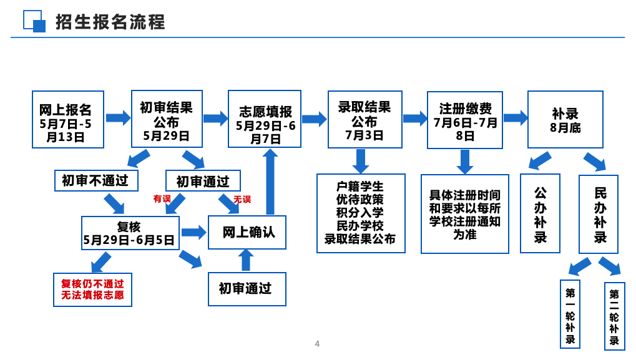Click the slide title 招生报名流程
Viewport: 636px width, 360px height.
pos(110,22)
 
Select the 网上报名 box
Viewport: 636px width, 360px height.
pos(68,119)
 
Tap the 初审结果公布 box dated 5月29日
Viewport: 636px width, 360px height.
pos(167,119)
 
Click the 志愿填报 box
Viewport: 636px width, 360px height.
pos(265,119)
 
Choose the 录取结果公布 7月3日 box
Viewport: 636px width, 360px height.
pos(365,120)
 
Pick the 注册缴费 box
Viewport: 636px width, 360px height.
pos(465,120)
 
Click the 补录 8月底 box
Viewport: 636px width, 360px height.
pos(565,120)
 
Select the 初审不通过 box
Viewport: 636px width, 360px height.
pos(96,180)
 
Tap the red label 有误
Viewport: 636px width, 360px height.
pos(162,198)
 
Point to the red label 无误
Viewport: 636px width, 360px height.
pos(242,199)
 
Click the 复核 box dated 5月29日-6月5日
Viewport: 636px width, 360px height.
pos(130,233)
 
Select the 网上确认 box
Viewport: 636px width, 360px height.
pos(247,232)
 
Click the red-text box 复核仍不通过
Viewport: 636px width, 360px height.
pos(92,289)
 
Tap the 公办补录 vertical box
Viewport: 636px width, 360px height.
pos(540,213)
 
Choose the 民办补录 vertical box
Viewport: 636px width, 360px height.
pos(599,214)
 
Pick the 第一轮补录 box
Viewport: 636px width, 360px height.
pos(570,314)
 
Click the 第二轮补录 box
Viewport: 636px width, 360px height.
pos(614,316)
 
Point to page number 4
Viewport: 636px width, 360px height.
pos(317,344)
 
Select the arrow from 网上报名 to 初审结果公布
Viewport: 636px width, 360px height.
pos(118,118)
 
